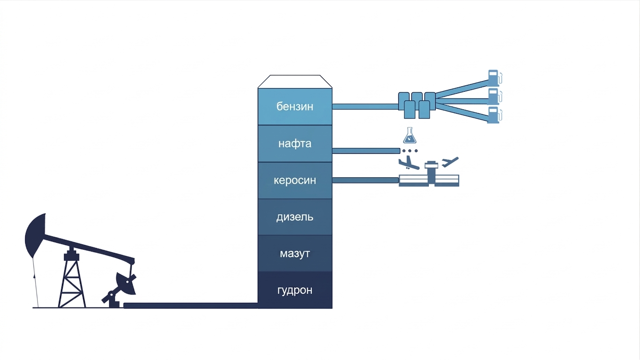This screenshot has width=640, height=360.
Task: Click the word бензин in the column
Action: click(x=295, y=107)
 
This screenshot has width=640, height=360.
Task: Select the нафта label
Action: click(x=295, y=143)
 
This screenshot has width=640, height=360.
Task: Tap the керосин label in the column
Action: click(x=295, y=180)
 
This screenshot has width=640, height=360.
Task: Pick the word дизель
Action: click(x=295, y=217)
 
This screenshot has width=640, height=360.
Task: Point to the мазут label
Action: click(x=295, y=254)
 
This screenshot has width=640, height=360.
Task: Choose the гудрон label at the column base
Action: click(x=295, y=291)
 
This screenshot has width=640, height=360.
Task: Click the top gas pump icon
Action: click(x=494, y=78)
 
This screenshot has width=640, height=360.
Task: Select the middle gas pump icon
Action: click(x=494, y=97)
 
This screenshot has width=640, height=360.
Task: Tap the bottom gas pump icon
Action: click(x=494, y=115)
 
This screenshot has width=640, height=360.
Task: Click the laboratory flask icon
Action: click(x=409, y=136)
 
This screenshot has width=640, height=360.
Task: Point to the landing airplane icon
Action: click(x=409, y=163)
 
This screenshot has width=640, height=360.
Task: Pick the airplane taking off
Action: click(x=450, y=162)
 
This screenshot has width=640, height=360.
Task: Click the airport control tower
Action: click(x=431, y=173)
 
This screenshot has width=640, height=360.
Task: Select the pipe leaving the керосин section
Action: click(x=365, y=180)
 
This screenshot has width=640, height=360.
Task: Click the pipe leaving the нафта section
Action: click(x=366, y=150)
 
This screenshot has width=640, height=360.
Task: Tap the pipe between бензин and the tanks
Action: click(x=365, y=107)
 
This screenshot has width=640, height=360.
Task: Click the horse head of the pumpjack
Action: click(x=35, y=235)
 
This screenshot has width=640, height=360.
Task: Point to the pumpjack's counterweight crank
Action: click(x=126, y=283)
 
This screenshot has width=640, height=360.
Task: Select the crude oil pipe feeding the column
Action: click(x=191, y=305)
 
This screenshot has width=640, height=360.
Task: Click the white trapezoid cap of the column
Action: click(x=295, y=82)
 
